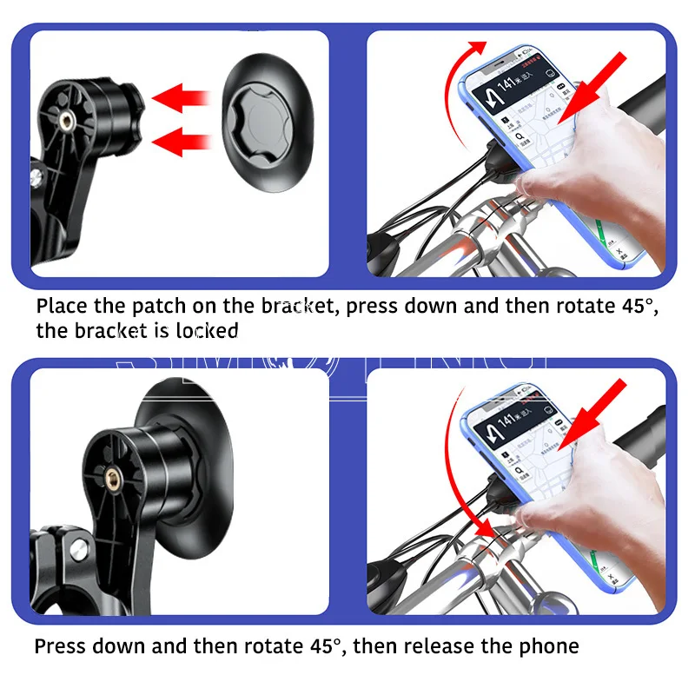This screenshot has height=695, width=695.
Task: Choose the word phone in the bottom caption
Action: (549, 646)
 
